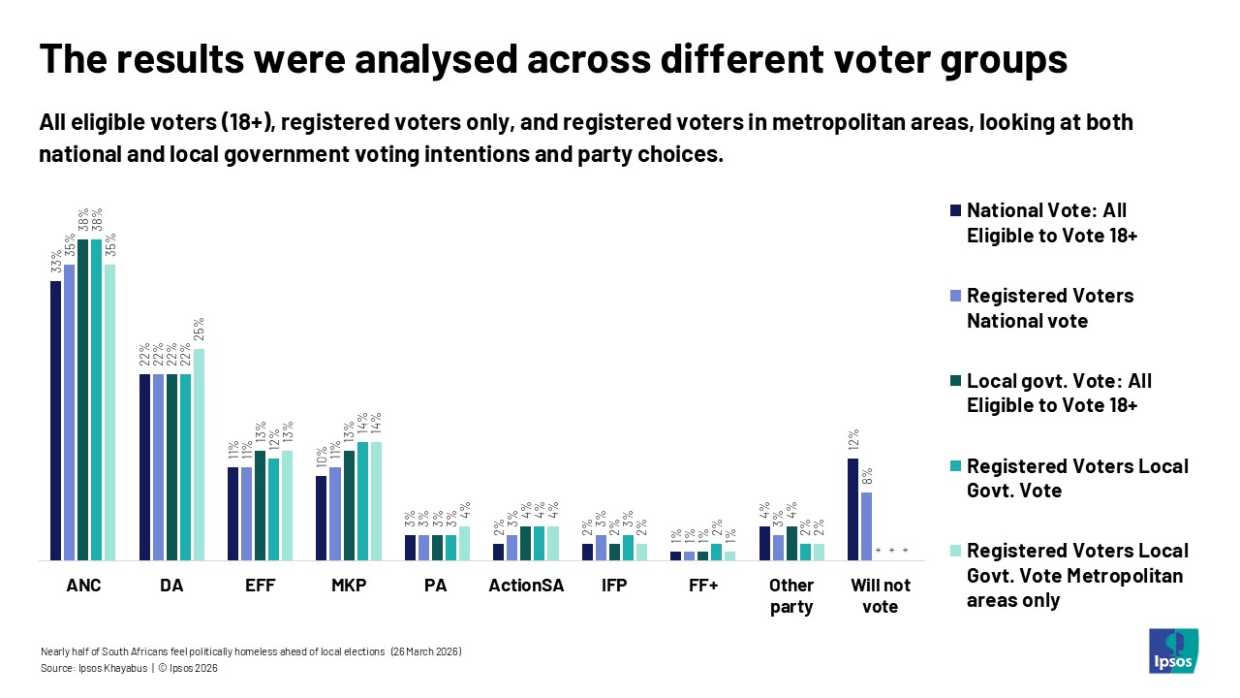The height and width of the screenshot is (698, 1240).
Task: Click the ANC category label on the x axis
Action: coord(82,586)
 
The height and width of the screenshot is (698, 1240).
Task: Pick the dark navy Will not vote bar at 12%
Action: coord(853,509)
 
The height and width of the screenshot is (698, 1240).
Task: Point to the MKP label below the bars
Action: coord(348,586)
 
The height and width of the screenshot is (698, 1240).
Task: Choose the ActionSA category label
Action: coord(526,586)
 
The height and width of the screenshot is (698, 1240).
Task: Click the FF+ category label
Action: coord(702,586)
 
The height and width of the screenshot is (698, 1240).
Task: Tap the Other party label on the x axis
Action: coord(790,596)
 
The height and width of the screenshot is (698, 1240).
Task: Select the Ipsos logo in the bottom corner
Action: coord(1173,651)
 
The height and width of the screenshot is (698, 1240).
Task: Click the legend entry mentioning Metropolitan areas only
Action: coord(1076,576)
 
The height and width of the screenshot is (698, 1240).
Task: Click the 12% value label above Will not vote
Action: coord(853,441)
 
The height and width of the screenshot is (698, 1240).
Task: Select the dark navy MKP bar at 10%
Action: coord(322,518)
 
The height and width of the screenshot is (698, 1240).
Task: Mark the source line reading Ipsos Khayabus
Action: coord(129,669)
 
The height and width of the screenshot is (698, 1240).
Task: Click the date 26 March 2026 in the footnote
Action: coord(425,651)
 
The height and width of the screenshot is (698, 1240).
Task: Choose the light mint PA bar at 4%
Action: coord(464,543)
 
